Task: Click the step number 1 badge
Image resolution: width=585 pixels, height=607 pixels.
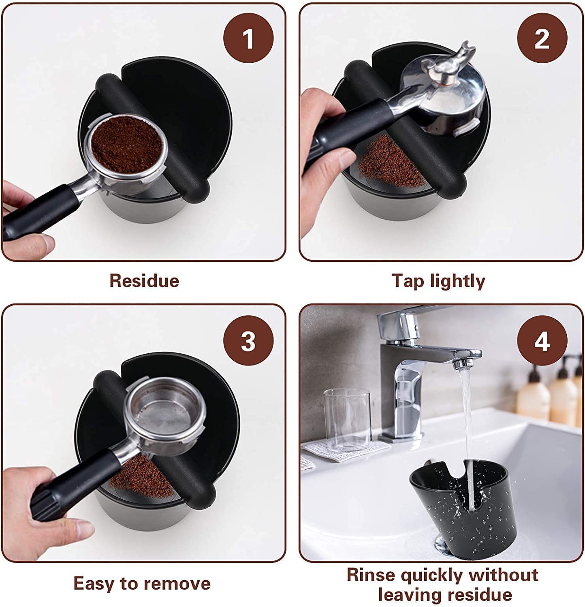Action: [248, 38]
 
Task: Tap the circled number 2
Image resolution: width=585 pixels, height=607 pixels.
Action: [542, 38]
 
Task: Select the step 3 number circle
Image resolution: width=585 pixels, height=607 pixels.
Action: [248, 341]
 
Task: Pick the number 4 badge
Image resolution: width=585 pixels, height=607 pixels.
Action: [542, 341]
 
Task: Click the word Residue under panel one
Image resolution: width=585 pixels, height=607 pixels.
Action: [144, 280]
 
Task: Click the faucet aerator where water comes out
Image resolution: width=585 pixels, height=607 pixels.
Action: [460, 364]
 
